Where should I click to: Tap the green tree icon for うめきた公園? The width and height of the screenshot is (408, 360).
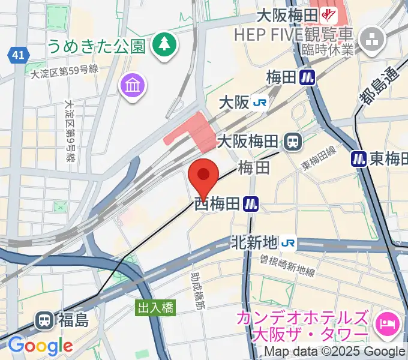[162, 44]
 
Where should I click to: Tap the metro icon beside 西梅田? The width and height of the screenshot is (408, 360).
[251, 205]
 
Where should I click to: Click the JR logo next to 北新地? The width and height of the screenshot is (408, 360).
[289, 242]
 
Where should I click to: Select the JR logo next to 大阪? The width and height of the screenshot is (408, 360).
[260, 103]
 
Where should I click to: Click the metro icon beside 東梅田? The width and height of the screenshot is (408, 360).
[359, 158]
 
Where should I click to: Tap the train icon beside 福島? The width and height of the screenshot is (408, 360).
[44, 320]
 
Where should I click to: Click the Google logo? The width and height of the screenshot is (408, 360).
[40, 346]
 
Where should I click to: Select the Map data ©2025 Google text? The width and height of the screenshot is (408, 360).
[335, 352]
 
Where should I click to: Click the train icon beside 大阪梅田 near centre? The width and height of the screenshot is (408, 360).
[293, 142]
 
